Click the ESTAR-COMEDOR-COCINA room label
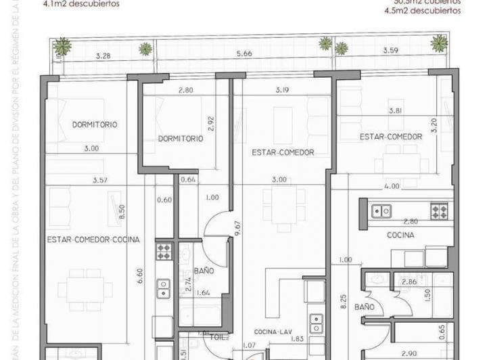pos(94,240)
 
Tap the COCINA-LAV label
pos(272,332)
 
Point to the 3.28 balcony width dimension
pos(103,56)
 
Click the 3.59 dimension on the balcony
pos(390,50)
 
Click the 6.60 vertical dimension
pos(139,275)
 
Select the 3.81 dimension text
pos(396,110)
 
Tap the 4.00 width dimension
pos(391,185)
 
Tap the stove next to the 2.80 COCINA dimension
pos(439,210)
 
